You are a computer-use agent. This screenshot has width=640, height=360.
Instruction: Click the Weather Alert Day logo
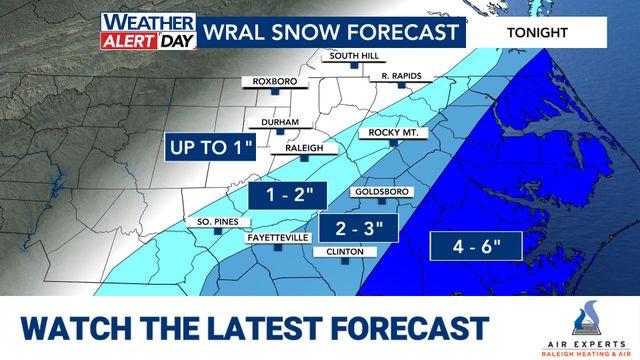(148, 31)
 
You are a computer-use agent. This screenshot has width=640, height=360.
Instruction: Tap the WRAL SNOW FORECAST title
(322, 31)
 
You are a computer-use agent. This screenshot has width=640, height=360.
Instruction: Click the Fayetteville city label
(277, 238)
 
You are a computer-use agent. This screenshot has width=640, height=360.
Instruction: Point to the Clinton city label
(338, 252)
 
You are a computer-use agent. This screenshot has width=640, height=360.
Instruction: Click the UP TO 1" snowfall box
(211, 148)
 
